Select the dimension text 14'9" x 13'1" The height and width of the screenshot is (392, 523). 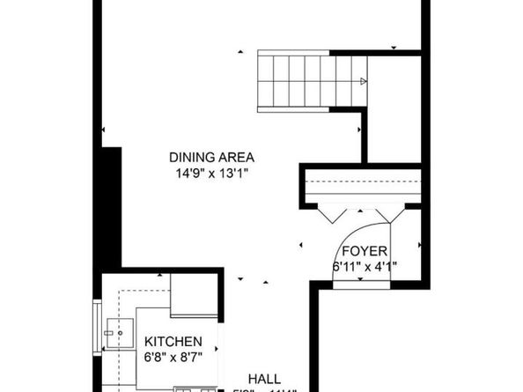pos(211,174)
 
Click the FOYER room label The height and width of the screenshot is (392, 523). pos(364,251)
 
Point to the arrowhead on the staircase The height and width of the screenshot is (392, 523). pos(363,82)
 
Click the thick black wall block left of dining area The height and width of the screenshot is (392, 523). pos(111,207)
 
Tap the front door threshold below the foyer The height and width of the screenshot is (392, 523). pos(364,284)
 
